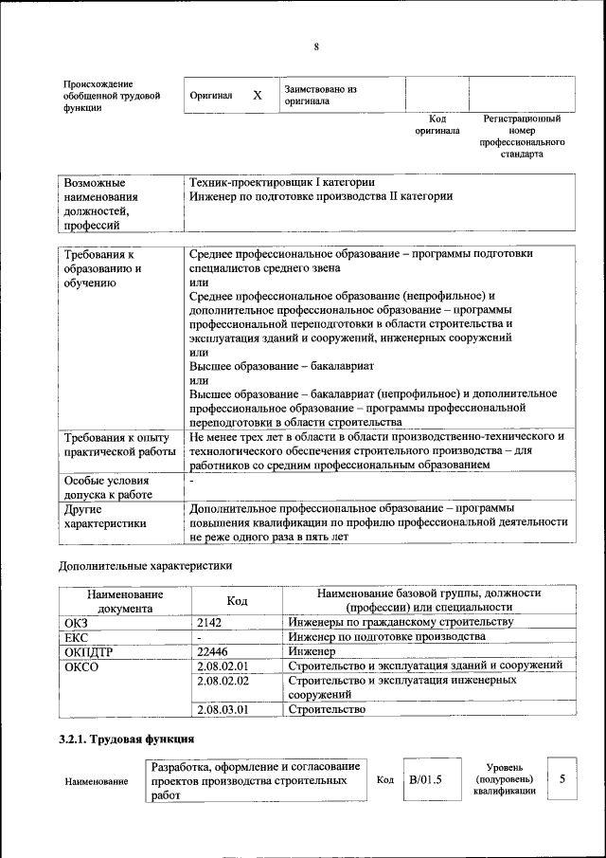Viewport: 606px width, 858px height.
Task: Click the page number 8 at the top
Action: click(316, 47)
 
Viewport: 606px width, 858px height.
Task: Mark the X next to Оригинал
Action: click(257, 96)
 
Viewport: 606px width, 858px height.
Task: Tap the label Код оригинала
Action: click(437, 125)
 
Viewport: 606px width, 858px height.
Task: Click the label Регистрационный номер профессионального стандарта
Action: click(522, 136)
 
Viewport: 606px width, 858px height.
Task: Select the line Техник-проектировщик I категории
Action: click(282, 182)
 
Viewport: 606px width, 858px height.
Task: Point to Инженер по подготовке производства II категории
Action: click(320, 196)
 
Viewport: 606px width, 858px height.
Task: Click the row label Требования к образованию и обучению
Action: click(103, 268)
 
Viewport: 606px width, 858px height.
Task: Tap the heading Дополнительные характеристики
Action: click(145, 566)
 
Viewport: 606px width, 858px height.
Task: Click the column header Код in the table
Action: click(237, 600)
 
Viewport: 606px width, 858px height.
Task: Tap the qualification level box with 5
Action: click(562, 779)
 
